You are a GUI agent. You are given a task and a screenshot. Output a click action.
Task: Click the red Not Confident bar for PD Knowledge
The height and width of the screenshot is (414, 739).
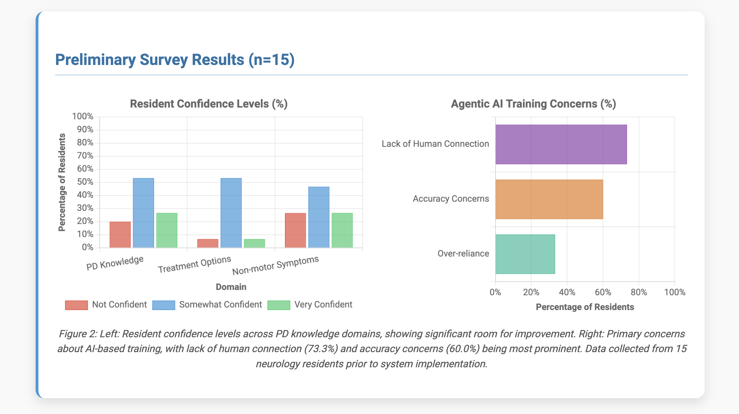click(120, 235)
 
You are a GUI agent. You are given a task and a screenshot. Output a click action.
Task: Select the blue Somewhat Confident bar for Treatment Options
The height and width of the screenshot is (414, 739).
click(231, 213)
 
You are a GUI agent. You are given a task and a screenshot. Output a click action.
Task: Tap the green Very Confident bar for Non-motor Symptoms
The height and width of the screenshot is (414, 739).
click(342, 230)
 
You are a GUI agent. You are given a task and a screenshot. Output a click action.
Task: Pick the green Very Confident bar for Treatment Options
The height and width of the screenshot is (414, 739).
click(255, 243)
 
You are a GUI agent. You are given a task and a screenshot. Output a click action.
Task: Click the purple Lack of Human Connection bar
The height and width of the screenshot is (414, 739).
click(561, 144)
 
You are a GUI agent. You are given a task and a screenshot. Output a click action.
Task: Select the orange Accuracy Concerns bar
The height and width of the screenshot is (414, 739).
click(549, 199)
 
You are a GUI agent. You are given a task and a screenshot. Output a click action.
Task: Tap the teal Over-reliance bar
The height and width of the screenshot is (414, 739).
click(525, 254)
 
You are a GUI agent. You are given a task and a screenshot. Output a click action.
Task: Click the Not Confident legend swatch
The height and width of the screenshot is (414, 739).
click(77, 305)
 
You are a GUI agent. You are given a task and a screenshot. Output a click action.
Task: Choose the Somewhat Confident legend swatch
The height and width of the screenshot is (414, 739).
click(164, 305)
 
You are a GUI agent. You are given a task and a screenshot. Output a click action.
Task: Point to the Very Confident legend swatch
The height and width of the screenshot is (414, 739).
click(279, 305)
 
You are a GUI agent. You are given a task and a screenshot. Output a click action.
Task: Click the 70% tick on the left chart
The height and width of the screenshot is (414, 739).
click(85, 156)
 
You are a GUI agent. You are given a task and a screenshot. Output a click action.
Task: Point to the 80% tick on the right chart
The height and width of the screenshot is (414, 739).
click(639, 292)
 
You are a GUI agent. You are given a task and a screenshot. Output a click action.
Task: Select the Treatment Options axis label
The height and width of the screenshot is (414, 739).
click(195, 264)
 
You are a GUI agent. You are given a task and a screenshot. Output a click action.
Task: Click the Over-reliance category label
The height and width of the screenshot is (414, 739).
click(463, 254)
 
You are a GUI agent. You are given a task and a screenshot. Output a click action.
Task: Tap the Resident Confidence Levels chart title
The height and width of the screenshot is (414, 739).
click(209, 104)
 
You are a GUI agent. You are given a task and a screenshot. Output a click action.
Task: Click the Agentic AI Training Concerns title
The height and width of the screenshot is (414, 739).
click(533, 104)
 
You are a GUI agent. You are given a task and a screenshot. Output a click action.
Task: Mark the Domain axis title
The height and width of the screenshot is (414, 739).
click(231, 287)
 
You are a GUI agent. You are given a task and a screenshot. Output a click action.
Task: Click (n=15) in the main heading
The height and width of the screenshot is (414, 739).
click(271, 60)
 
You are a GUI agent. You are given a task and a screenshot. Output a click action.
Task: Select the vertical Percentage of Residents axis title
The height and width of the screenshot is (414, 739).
click(62, 183)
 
